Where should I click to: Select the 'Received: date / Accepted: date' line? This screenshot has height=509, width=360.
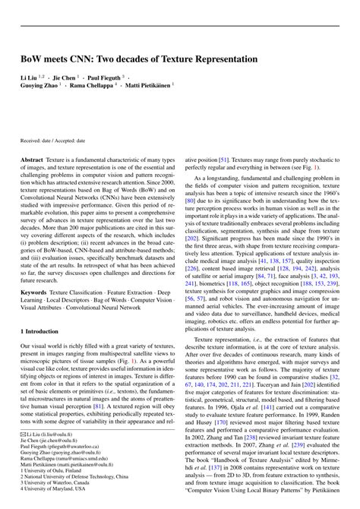tap(53, 141)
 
